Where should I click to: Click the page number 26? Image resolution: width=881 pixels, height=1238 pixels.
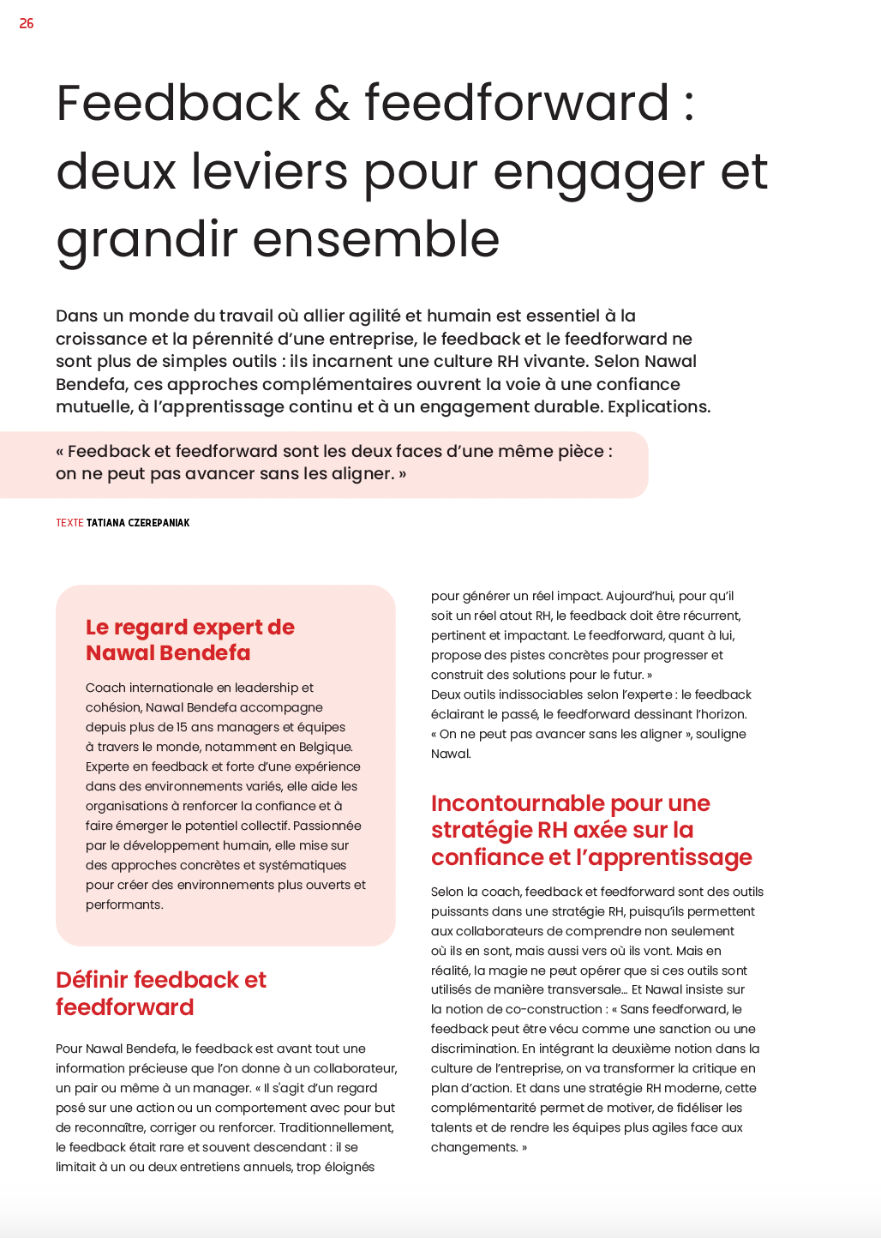click(x=27, y=24)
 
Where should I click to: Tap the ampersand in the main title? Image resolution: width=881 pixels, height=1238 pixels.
click(x=332, y=103)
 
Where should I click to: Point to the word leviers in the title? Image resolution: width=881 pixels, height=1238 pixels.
click(x=269, y=171)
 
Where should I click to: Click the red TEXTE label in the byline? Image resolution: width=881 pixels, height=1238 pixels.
click(x=69, y=523)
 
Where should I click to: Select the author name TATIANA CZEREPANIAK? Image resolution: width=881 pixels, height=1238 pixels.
click(x=138, y=523)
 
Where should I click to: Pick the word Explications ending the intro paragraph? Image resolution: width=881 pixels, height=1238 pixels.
click(x=658, y=406)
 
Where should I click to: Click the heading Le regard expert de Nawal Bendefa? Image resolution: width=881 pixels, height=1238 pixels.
click(x=190, y=640)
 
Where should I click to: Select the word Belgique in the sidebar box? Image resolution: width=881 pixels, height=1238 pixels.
click(x=325, y=747)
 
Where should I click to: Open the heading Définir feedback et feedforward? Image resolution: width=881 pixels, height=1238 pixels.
click(x=161, y=993)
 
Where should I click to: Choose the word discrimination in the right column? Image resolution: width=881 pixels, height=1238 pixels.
click(x=473, y=1049)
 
